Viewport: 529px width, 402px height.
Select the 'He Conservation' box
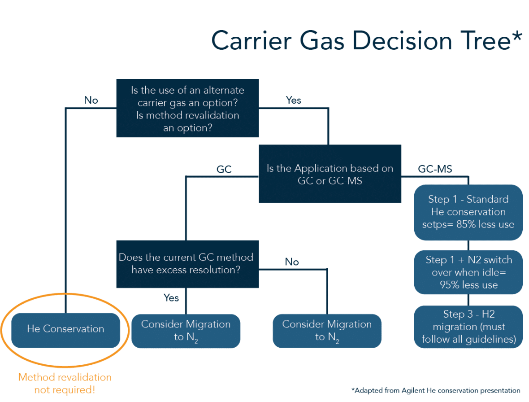[x=65, y=329]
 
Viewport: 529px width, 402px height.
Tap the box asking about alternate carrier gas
[x=187, y=109]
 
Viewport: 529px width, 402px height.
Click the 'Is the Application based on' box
[x=330, y=175]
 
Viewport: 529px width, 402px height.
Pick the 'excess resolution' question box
[x=187, y=264]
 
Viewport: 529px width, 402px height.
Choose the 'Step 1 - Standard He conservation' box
[x=468, y=212]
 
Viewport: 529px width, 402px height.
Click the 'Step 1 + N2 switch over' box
[x=468, y=272]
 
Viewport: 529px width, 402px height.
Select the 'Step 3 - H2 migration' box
[x=468, y=327]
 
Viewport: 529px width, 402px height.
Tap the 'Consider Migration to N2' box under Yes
[x=186, y=331]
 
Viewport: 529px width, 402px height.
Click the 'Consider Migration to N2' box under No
[x=327, y=331]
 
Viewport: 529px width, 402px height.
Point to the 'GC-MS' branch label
[x=434, y=170]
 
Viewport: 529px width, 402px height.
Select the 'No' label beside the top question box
[x=91, y=100]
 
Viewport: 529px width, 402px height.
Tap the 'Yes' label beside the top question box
[x=294, y=100]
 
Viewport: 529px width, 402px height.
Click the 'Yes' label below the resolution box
[x=171, y=298]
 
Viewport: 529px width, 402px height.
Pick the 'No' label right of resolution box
[x=292, y=262]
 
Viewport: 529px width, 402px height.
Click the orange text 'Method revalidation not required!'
[x=65, y=383]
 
